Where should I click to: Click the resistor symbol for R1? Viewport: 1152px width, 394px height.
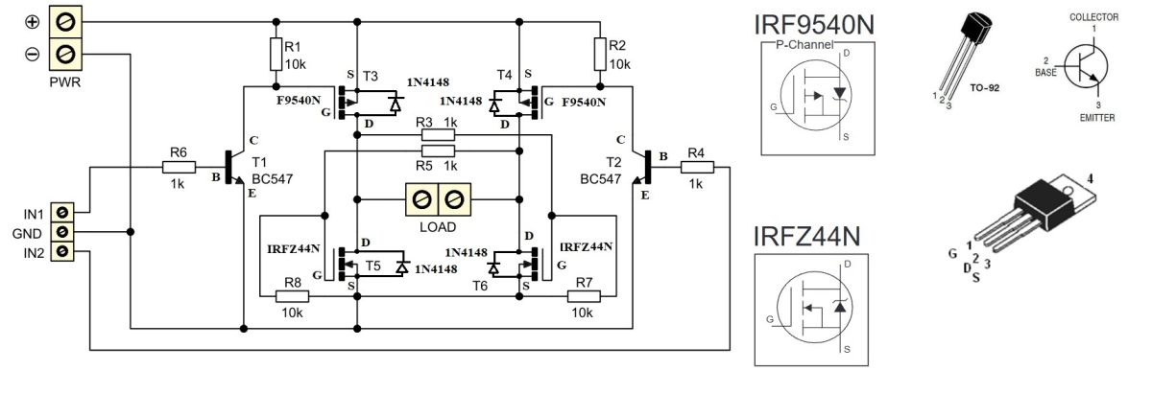[x=276, y=54]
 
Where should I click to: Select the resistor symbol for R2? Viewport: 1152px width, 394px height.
[x=600, y=54]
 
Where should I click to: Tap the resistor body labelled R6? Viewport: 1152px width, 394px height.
[x=179, y=167]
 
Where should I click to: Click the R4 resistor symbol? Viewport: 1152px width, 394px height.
[x=697, y=167]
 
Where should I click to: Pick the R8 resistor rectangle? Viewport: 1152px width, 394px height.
[x=292, y=296]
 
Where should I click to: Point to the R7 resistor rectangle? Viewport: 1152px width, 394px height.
[x=584, y=296]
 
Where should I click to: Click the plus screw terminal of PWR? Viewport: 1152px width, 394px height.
[x=65, y=22]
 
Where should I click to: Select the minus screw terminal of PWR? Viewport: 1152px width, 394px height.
[x=65, y=54]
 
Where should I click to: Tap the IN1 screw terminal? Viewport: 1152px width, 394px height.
[x=62, y=212]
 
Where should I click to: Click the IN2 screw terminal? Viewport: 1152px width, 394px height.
[x=62, y=251]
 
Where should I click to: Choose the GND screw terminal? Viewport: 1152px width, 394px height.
[x=62, y=232]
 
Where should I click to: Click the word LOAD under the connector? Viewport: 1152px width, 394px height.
[x=438, y=227]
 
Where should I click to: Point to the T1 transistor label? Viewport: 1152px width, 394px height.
[x=259, y=162]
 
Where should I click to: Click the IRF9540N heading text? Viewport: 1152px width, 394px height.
[x=814, y=25]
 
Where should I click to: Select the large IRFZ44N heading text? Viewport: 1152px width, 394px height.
[x=806, y=236]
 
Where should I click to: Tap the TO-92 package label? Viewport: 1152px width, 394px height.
[x=984, y=88]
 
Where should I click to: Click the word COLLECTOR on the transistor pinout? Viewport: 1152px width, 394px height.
[x=1093, y=17]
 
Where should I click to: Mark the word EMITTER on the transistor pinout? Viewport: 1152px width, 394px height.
[x=1097, y=118]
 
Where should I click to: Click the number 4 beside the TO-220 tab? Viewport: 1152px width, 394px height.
[x=1090, y=178]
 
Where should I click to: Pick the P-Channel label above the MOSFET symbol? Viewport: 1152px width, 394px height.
[x=804, y=45]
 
